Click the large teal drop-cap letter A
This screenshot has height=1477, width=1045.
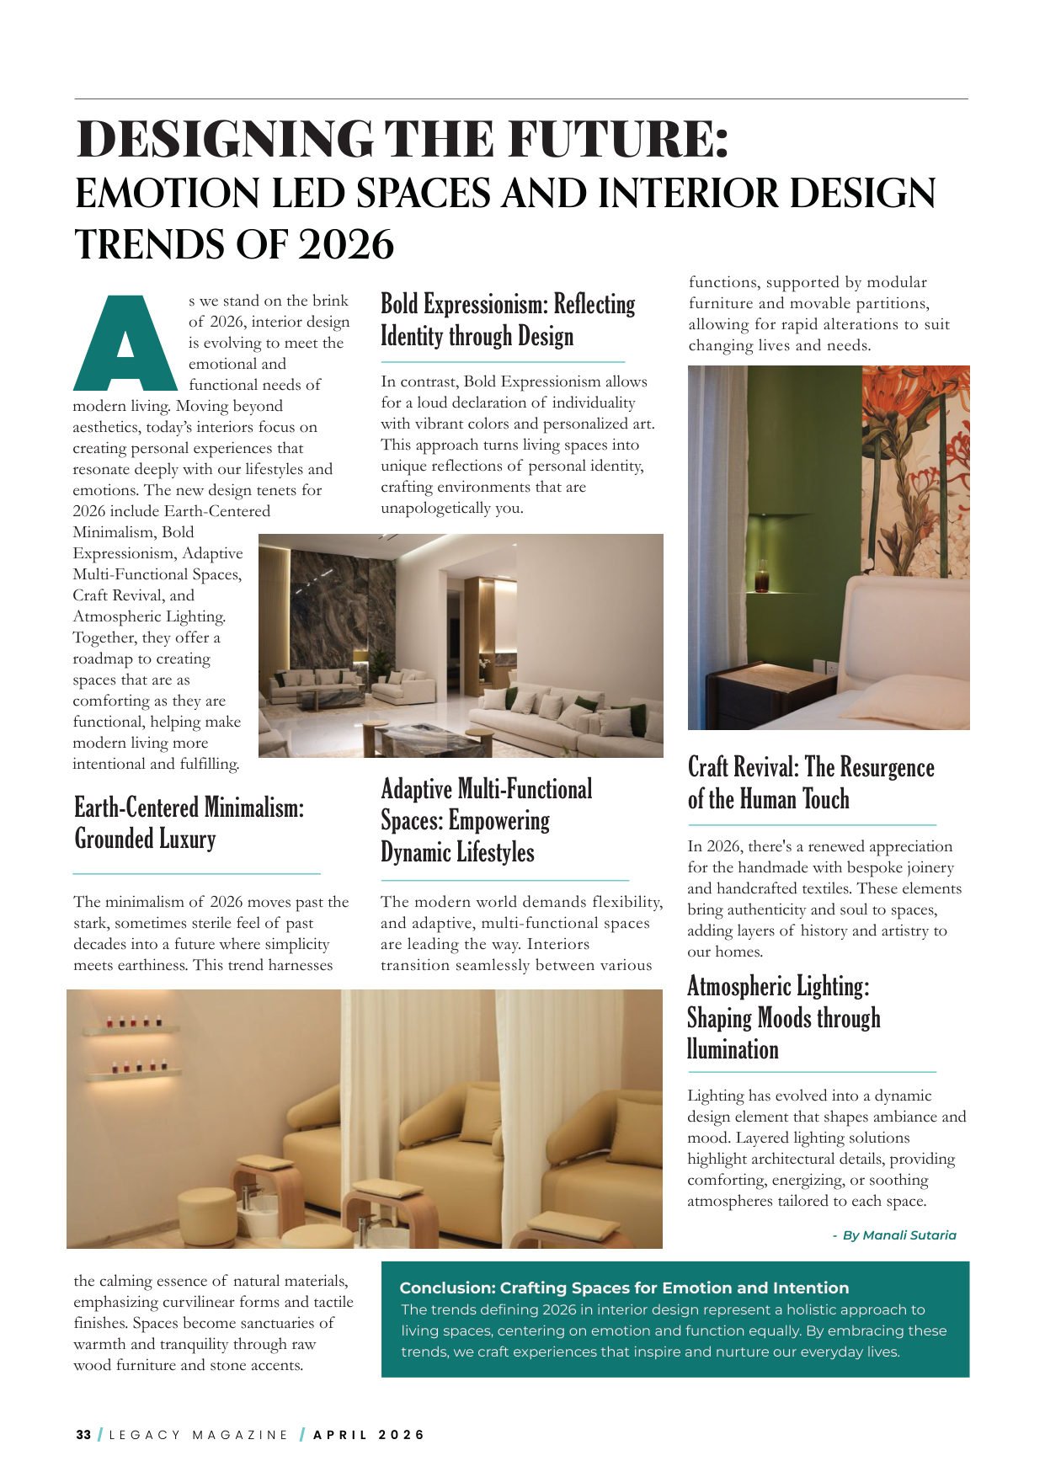tap(125, 344)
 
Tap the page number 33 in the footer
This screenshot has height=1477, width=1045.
tap(83, 1435)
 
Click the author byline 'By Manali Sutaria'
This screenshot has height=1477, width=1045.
tap(898, 1235)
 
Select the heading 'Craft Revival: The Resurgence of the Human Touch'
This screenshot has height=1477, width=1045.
tap(810, 783)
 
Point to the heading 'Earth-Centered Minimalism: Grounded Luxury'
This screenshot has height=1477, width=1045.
tap(189, 823)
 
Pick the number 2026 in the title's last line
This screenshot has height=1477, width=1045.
tap(346, 245)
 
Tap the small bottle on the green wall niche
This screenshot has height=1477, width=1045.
tap(762, 580)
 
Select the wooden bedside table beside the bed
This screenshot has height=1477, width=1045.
tap(759, 691)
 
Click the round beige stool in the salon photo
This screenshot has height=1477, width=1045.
tap(207, 1215)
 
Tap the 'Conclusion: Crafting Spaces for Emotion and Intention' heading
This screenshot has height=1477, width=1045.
tap(624, 1288)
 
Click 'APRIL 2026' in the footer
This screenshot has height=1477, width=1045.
tap(369, 1435)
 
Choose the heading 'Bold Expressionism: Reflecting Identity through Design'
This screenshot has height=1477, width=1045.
tap(508, 320)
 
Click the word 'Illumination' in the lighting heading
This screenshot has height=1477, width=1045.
tap(733, 1050)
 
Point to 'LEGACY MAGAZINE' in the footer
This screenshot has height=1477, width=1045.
tap(199, 1435)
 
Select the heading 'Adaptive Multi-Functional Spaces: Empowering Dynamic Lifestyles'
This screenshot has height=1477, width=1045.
tap(486, 820)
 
